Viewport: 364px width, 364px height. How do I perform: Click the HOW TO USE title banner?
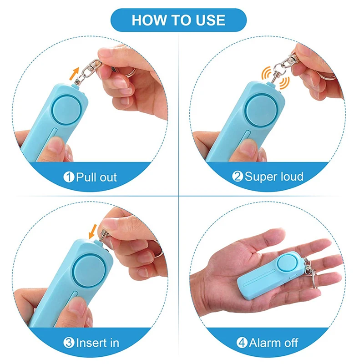[178, 20]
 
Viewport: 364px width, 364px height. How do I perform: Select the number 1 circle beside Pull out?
[69, 177]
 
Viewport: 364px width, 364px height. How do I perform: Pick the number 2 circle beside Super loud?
[238, 177]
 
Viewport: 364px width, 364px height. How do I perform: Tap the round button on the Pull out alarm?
[65, 110]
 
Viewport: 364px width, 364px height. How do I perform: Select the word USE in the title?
[209, 20]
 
